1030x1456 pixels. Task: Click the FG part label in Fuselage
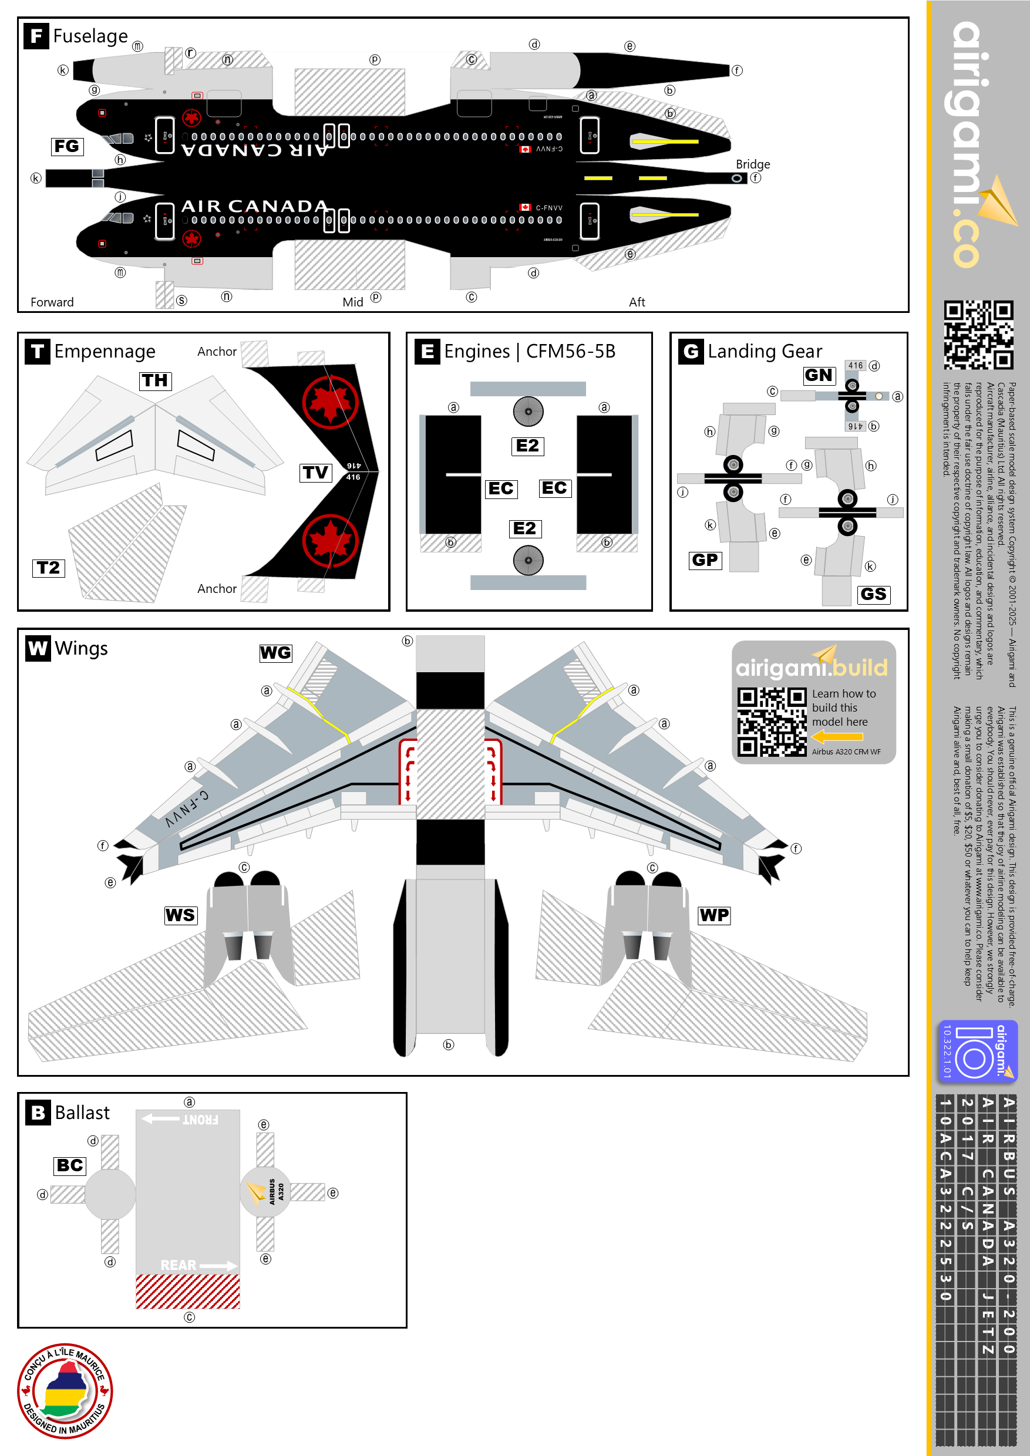[67, 147]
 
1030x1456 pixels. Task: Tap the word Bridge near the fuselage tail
[752, 164]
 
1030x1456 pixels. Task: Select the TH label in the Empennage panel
[156, 380]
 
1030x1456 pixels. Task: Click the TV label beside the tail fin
[315, 473]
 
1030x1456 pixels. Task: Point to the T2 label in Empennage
[49, 568]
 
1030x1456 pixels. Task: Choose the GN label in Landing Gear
[819, 375]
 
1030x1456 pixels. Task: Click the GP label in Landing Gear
[705, 560]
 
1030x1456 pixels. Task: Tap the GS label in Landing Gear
[873, 594]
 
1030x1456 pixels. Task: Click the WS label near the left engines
[181, 915]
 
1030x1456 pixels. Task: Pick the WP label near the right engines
[714, 915]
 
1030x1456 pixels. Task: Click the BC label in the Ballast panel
[70, 1165]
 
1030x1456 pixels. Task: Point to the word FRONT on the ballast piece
[200, 1121]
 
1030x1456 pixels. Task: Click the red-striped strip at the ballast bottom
[188, 1291]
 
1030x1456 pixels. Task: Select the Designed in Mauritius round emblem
[65, 1391]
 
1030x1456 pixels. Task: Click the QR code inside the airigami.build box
[771, 722]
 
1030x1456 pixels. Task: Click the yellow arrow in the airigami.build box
[837, 737]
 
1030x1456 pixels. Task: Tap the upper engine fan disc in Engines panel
[528, 412]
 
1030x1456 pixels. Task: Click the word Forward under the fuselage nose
[52, 302]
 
